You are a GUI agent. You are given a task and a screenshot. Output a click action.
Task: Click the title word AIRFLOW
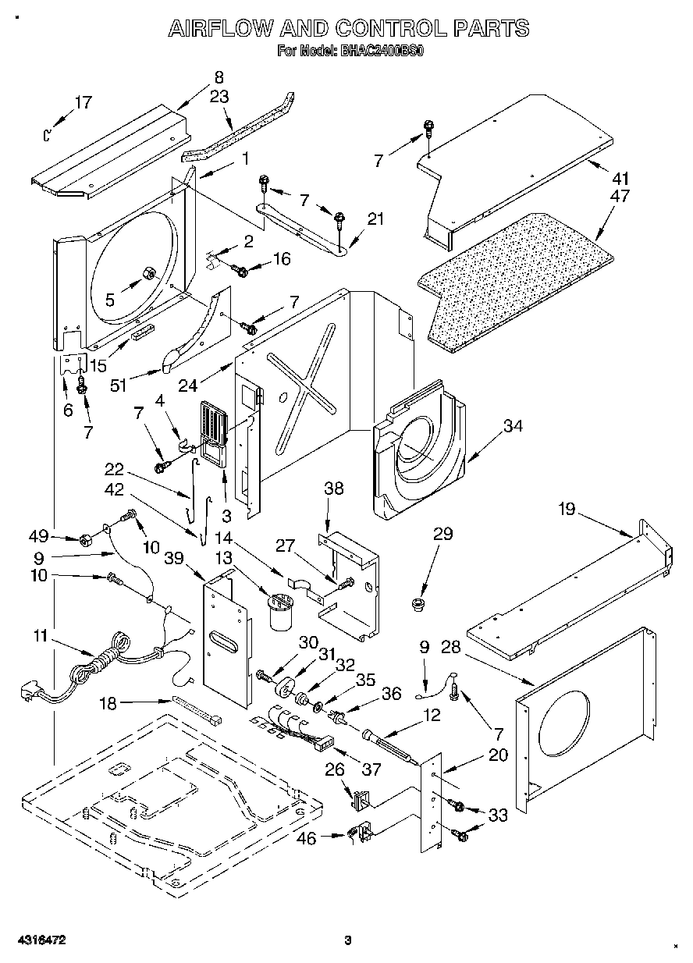220,30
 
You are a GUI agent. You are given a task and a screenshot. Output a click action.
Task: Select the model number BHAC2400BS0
382,53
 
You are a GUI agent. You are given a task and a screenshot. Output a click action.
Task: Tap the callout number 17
83,102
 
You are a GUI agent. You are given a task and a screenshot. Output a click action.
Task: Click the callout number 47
620,196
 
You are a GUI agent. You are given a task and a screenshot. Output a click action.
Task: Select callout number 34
512,426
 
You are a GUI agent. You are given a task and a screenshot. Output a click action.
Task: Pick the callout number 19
566,510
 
